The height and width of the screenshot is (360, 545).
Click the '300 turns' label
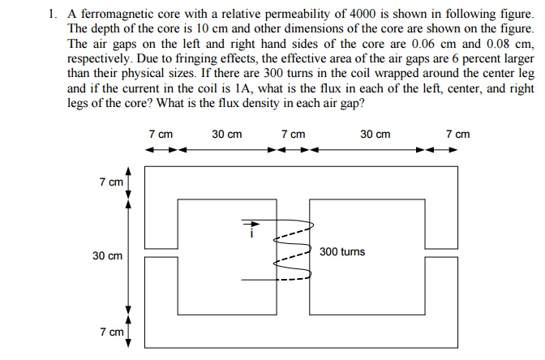(x=342, y=252)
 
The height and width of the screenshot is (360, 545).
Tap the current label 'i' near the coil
(x=251, y=235)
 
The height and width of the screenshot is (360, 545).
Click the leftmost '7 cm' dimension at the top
(x=161, y=134)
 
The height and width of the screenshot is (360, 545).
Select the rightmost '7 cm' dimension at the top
(x=458, y=134)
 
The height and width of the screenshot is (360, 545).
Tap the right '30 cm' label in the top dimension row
(x=375, y=134)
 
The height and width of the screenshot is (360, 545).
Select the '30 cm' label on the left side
(x=107, y=256)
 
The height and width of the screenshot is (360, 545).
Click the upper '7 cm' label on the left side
(x=111, y=182)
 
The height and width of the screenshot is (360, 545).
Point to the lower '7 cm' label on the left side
(x=111, y=332)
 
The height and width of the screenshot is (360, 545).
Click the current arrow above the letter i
(x=250, y=224)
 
